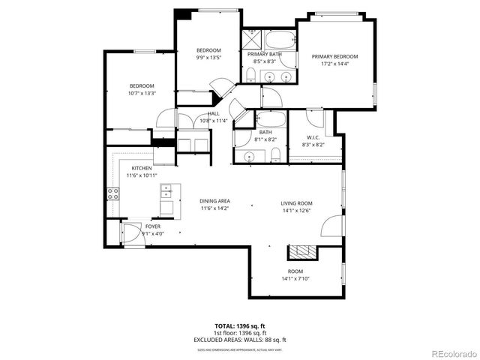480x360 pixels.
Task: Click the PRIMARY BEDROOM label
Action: point(335,57)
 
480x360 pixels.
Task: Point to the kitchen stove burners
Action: point(113,194)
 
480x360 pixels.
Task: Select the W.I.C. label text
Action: point(313,137)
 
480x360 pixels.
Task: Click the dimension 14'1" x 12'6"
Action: point(296,211)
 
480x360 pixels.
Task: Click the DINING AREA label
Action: point(214,201)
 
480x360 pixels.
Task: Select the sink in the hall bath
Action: point(249,156)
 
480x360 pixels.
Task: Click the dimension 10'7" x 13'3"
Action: point(141,94)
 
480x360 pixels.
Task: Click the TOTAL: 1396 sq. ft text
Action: point(240,326)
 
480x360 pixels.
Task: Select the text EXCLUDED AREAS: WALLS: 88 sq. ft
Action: point(240,338)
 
